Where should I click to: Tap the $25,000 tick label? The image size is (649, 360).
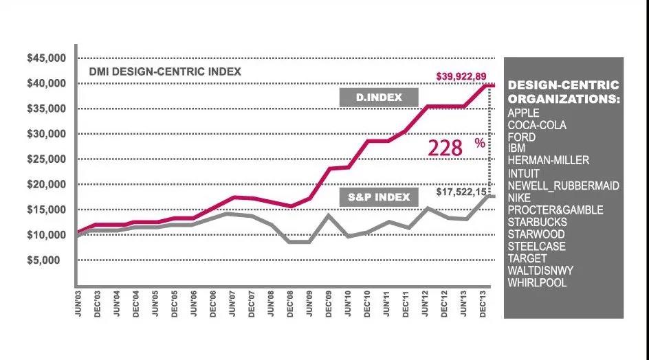46,159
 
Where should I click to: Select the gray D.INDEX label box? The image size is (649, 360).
379,98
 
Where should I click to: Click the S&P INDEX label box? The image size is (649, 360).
378,198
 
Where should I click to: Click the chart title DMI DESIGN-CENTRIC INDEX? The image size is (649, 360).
165,71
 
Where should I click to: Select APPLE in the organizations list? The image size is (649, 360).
523,113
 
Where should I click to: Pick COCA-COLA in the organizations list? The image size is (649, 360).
537,125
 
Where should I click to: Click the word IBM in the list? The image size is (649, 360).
516,148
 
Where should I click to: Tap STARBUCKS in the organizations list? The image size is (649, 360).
537,222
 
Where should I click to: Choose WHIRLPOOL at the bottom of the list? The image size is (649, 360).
537,282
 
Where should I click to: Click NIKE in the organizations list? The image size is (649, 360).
520,198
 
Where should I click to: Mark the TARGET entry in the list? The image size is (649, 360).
527,258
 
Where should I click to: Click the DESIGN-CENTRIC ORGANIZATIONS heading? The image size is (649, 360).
563,92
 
